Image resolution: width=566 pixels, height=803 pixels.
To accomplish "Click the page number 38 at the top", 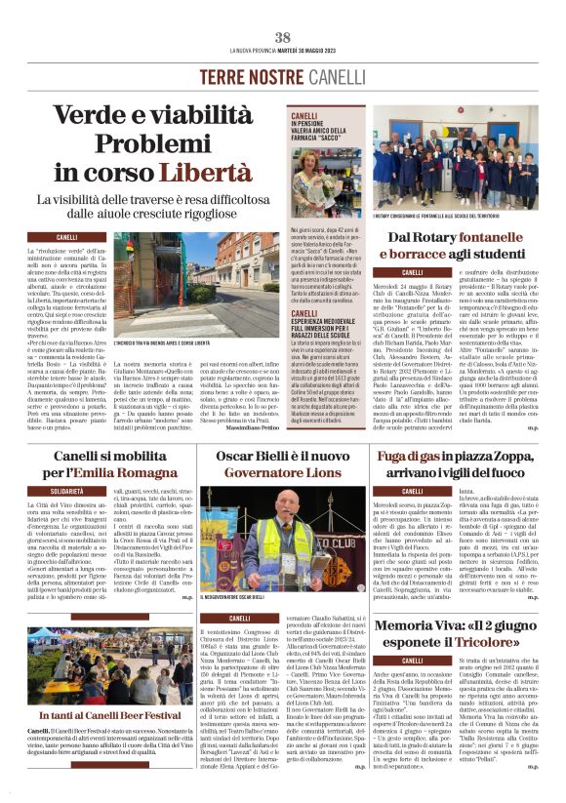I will (x=283, y=38).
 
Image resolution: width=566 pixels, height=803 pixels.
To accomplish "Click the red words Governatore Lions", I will (x=282, y=472).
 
